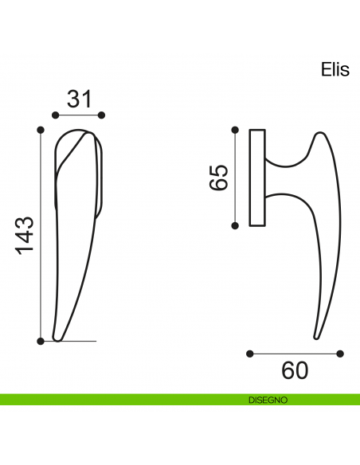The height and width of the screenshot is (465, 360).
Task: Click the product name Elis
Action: (335, 70)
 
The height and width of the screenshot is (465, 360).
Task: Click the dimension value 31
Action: (80, 99)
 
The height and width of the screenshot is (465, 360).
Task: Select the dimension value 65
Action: (218, 177)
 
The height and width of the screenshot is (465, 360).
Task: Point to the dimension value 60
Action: (295, 371)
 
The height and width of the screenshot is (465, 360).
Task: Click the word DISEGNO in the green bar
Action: (268, 400)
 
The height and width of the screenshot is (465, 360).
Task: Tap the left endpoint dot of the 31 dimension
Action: (56, 115)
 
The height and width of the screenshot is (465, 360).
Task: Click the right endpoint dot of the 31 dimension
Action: (101, 115)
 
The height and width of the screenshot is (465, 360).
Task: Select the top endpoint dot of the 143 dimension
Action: (41, 130)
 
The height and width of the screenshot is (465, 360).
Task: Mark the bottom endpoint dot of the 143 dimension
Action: (41, 341)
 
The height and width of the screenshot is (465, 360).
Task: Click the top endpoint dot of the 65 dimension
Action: (235, 130)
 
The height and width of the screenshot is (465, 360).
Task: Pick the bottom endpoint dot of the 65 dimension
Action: (235, 225)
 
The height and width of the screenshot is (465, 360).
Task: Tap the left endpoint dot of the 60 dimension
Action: (250, 354)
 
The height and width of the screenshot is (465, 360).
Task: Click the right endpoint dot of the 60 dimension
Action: (340, 354)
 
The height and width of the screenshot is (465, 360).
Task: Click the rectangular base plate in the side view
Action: (257, 178)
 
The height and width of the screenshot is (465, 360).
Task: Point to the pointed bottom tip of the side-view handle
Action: (316, 338)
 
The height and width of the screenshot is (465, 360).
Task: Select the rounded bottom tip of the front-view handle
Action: (57, 339)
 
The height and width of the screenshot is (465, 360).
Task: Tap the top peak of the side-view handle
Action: (319, 133)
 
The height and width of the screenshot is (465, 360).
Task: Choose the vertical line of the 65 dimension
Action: (235, 178)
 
